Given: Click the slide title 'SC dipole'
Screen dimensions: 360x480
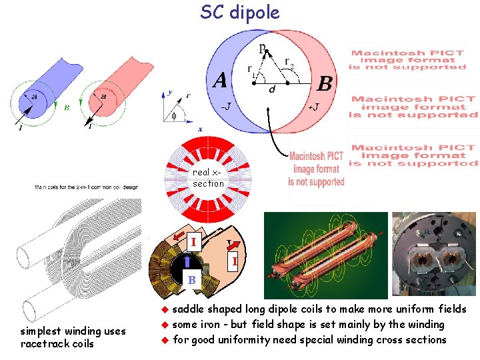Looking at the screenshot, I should pyautogui.click(x=240, y=13).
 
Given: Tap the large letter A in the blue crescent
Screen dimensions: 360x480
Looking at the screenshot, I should pyautogui.click(x=219, y=81).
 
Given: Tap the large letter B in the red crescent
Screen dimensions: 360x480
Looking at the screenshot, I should pyautogui.click(x=325, y=83).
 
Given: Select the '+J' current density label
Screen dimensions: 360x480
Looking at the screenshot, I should pyautogui.click(x=312, y=107).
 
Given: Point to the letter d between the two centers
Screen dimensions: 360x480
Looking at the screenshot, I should pyautogui.click(x=272, y=89).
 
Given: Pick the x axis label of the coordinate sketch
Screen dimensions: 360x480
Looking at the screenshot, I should pyautogui.click(x=200, y=129).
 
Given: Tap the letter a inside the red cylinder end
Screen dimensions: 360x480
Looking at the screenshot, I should pyautogui.click(x=103, y=96).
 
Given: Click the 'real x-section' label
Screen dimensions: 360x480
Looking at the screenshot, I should pyautogui.click(x=208, y=178).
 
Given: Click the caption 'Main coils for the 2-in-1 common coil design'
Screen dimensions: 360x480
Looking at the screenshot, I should pyautogui.click(x=87, y=187).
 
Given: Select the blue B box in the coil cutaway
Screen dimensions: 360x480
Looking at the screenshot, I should pyautogui.click(x=191, y=280).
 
